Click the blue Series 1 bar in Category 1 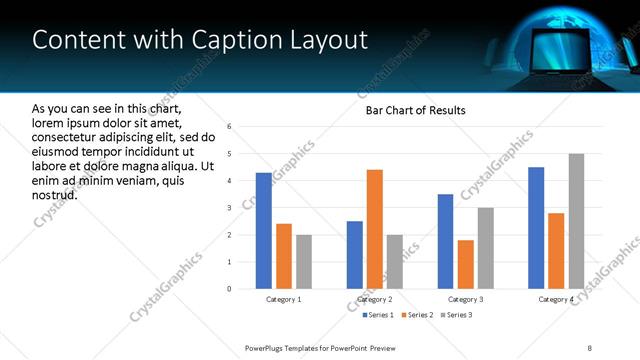263,231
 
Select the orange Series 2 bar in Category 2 375,229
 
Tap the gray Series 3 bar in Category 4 576,221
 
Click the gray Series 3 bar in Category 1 304,262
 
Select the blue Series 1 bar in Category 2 355,255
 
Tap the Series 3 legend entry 455,315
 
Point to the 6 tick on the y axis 229,127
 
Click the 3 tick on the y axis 229,208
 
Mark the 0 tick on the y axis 229,289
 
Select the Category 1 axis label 283,299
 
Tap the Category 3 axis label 466,299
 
